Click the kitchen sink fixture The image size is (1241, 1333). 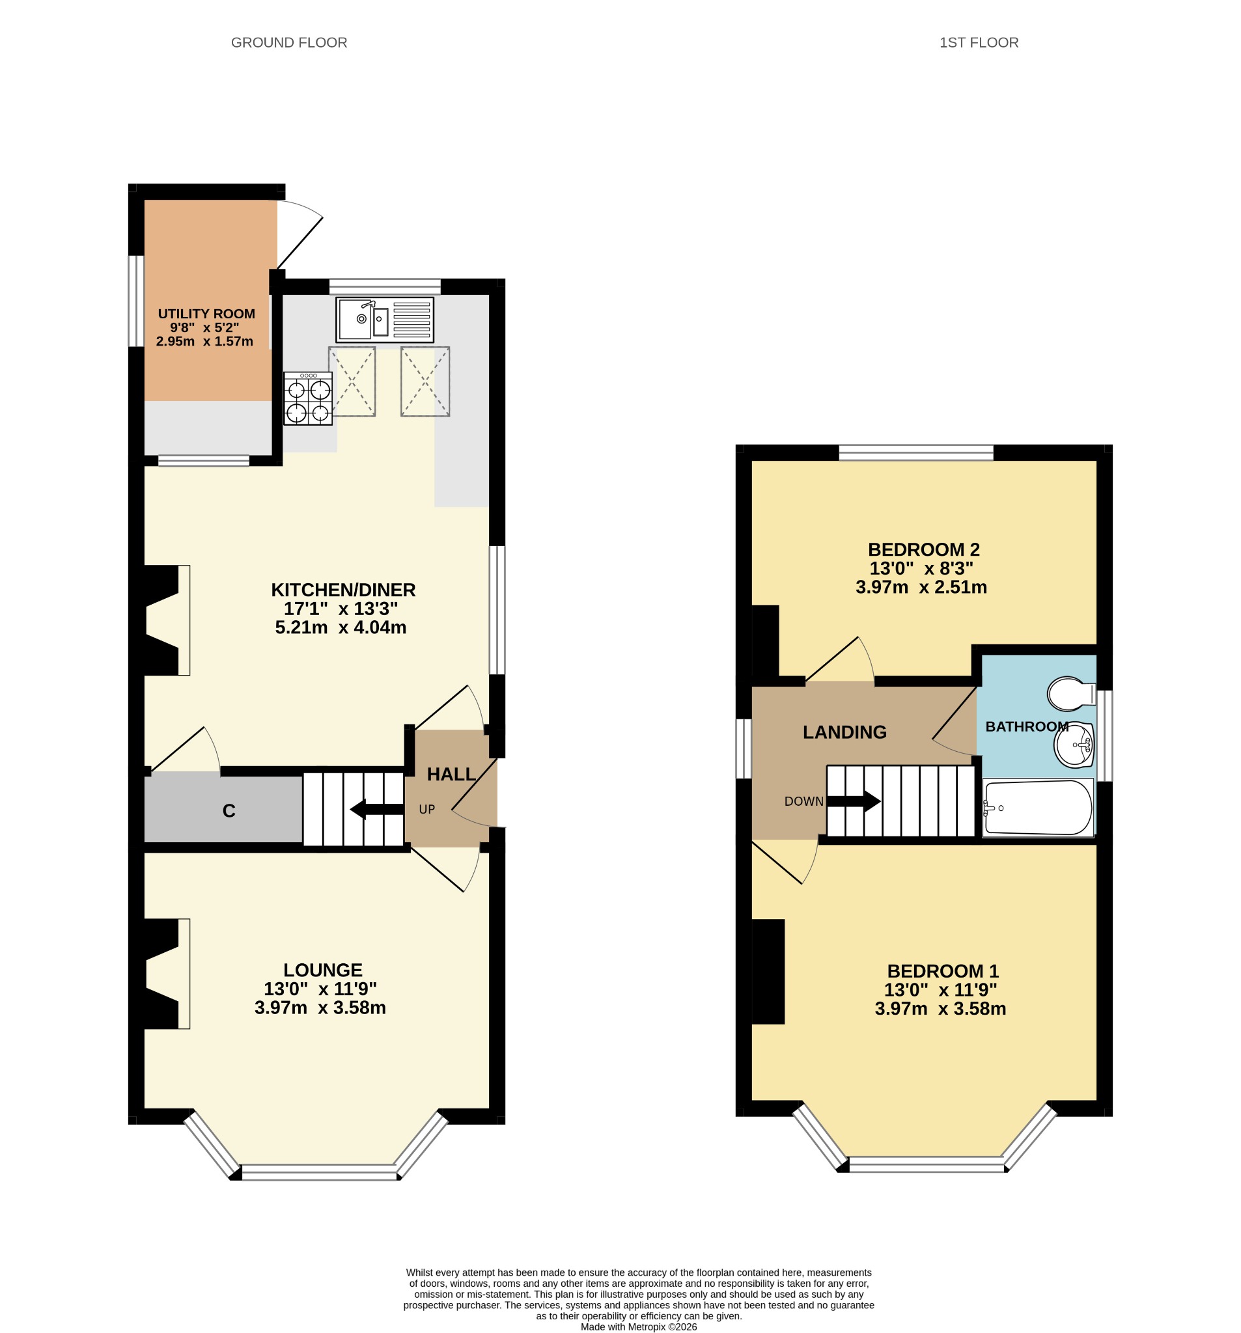[384, 319]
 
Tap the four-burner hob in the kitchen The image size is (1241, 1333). [308, 398]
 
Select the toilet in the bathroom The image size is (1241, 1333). [1071, 694]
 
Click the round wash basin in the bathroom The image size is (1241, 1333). [1074, 745]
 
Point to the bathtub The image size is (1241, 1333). [1037, 807]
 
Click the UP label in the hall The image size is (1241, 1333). [426, 809]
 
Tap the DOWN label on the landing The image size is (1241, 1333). [803, 801]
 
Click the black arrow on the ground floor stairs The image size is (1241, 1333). [377, 809]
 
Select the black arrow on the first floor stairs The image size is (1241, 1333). [854, 801]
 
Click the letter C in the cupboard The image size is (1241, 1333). [229, 810]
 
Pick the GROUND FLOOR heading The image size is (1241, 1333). [289, 42]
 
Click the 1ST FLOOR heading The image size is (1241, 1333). [979, 42]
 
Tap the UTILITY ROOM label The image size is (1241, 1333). [206, 314]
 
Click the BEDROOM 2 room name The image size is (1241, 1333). [924, 550]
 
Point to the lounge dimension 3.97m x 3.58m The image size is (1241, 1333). [320, 1008]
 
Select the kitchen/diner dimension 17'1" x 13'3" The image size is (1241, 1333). [341, 609]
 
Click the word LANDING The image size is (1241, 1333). [844, 732]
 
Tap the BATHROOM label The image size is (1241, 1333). [1027, 726]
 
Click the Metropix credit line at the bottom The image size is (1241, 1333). [639, 1326]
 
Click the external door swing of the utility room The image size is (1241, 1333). [300, 234]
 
